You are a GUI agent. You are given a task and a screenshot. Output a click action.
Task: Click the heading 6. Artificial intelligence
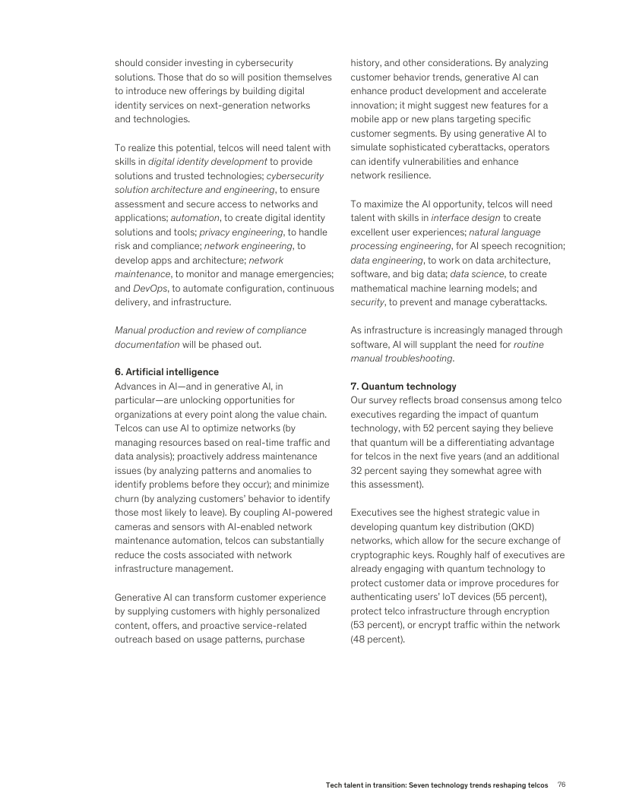coord(166,371)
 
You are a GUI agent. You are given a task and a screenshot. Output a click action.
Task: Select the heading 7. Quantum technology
coord(403,386)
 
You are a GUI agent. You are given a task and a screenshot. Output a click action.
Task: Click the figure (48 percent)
coord(378,639)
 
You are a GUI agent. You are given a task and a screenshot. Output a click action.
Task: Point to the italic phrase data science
coord(476,273)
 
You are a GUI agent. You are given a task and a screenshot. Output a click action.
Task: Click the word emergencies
coord(302,273)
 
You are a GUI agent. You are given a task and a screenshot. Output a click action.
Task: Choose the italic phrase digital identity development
coord(207,161)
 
